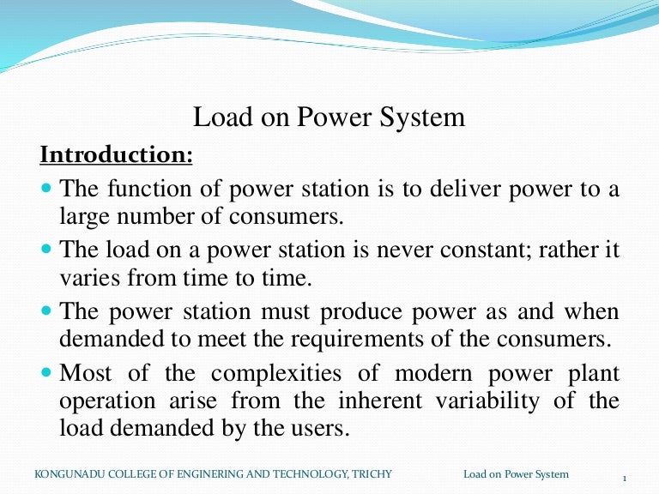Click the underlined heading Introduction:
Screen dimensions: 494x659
tap(117, 156)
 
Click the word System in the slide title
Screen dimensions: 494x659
tap(423, 117)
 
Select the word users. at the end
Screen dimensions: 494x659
tap(323, 428)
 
